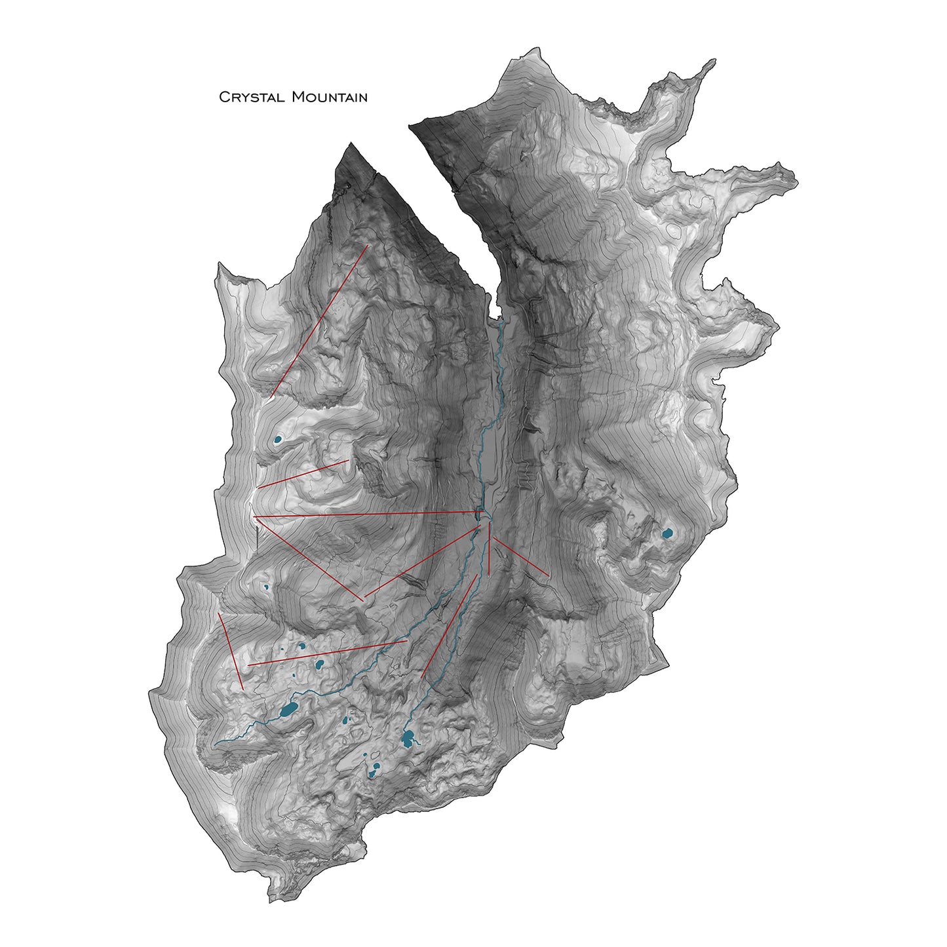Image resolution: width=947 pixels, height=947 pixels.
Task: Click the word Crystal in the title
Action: tap(252, 98)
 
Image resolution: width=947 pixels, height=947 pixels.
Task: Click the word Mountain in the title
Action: tap(329, 98)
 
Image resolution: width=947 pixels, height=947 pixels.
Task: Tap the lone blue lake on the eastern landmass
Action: tap(667, 533)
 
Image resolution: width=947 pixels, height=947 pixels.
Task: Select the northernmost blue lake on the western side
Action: tap(278, 438)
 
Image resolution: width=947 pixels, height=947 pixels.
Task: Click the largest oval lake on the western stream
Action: tap(288, 708)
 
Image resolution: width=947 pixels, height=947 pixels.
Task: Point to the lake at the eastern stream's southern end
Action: tap(408, 740)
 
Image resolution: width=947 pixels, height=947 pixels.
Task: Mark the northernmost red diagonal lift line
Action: tap(319, 322)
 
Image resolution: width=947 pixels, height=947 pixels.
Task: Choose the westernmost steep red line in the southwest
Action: tap(231, 651)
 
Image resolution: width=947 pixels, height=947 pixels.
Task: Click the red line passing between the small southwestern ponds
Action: tap(328, 653)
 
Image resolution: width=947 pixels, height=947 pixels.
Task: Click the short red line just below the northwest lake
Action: tap(303, 474)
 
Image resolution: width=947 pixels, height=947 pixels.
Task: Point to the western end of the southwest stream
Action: tap(216, 745)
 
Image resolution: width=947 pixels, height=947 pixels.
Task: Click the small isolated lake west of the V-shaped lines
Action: tap(266, 587)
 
